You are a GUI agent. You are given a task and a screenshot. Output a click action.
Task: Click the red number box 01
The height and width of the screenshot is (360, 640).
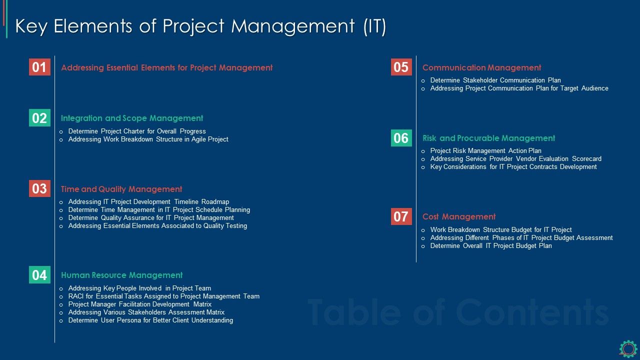pos(39,67)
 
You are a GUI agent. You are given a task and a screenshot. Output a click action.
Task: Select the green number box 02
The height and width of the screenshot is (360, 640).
pos(39,118)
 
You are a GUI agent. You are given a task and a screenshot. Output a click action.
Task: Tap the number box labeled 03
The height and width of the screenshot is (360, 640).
pos(39,188)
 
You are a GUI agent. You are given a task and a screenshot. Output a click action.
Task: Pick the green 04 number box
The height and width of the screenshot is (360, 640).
pos(39,275)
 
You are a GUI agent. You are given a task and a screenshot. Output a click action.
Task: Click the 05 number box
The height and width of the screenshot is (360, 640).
pos(401,67)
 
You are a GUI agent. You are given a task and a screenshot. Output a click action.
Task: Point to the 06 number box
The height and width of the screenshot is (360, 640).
pos(401,138)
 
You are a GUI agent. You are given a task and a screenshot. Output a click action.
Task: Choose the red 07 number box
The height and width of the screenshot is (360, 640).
pos(401,216)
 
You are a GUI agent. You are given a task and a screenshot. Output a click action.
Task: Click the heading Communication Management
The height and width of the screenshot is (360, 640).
pos(481,67)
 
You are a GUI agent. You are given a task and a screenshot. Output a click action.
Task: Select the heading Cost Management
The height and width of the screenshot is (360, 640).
pos(459,216)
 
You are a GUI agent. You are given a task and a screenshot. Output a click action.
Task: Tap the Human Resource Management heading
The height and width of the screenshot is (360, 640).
pos(121,275)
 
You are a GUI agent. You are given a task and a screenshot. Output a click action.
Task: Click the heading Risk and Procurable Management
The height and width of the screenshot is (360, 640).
pos(488,138)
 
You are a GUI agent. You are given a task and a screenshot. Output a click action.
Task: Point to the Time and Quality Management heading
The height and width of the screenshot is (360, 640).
pos(121,189)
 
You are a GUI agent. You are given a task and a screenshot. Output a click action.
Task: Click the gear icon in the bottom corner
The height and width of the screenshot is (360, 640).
pos(628,348)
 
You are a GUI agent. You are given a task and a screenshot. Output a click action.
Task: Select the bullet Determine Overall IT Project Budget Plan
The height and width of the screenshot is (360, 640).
pos(491,246)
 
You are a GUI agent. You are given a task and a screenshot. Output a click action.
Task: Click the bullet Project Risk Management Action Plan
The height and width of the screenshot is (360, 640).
pos(485,151)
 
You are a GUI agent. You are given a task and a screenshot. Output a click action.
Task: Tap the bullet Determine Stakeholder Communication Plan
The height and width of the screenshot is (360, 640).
pos(495,80)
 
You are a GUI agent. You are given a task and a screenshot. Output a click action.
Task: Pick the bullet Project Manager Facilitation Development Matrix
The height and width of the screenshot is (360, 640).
pos(140,304)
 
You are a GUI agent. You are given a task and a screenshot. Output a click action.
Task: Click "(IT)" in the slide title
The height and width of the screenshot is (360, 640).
pos(374,26)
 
